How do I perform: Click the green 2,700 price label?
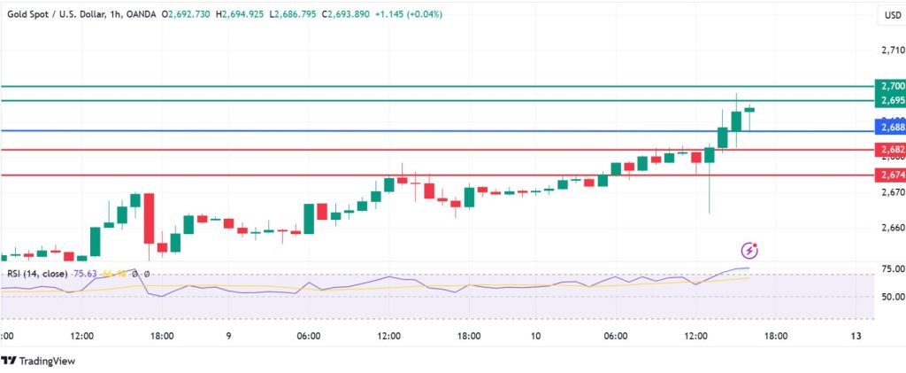[x=889, y=86]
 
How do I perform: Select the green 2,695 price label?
[x=889, y=100]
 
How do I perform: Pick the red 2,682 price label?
[x=889, y=149]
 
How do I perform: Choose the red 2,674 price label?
[x=889, y=175]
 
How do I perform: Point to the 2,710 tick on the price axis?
[x=892, y=50]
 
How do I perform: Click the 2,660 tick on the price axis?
[x=892, y=228]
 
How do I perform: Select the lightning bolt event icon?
[x=750, y=251]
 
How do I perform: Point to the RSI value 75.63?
[x=85, y=275]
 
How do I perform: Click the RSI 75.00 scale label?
[x=892, y=268]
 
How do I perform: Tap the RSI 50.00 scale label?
[x=892, y=297]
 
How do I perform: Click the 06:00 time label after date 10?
[x=616, y=337]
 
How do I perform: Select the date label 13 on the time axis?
[x=856, y=337]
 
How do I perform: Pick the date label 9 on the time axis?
[x=229, y=337]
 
